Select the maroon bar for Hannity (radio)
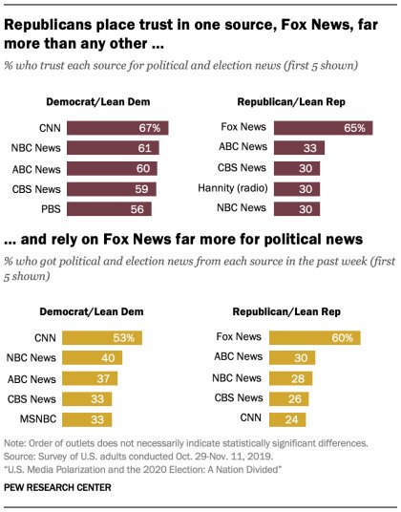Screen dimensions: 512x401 tap(295, 188)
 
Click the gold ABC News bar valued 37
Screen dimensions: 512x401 tap(95, 378)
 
